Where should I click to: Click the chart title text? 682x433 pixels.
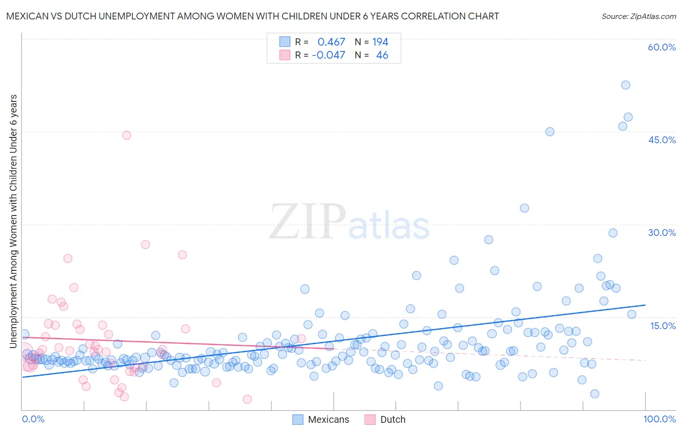(252, 16)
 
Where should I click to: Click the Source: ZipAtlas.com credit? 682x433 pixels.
(638, 16)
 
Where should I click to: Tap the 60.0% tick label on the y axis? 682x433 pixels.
(662, 47)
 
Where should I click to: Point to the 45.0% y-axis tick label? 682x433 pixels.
(662, 140)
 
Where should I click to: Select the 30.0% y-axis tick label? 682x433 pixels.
(662, 233)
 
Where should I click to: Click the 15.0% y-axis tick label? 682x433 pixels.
(663, 326)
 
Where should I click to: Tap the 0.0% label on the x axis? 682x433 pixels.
(33, 419)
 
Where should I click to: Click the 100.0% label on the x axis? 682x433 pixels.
(659, 419)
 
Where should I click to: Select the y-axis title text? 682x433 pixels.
(13, 221)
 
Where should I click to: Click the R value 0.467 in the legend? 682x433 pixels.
(331, 42)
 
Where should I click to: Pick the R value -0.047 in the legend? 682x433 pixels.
(328, 55)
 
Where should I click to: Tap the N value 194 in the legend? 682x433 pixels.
(380, 42)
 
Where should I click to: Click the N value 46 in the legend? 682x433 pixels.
(382, 55)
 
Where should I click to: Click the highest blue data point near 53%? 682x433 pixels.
(626, 85)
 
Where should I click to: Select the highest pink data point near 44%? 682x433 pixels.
(127, 135)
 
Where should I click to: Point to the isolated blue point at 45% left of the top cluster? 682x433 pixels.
(550, 132)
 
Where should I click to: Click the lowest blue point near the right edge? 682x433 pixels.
(595, 394)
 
